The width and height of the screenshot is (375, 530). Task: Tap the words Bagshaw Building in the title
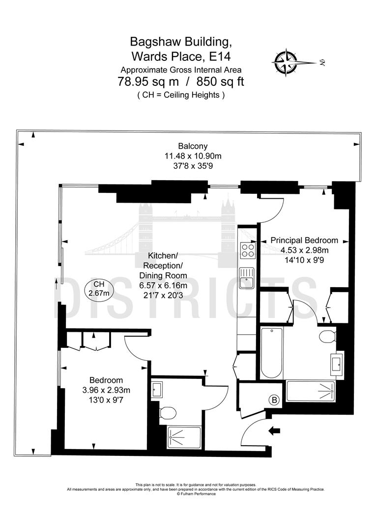(180, 41)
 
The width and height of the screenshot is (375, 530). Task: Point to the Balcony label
(193, 146)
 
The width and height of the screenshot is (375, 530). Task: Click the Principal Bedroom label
(304, 240)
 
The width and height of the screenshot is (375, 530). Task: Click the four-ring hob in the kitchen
(247, 251)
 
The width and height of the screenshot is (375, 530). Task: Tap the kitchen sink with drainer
(246, 278)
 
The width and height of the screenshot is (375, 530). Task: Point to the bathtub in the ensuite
(270, 352)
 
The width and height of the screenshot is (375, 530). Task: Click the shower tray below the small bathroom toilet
(184, 437)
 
